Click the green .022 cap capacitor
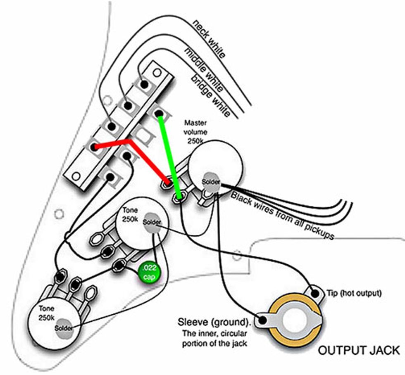148,272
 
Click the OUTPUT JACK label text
358,351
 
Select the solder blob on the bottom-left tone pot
64,327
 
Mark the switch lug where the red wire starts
95,147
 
